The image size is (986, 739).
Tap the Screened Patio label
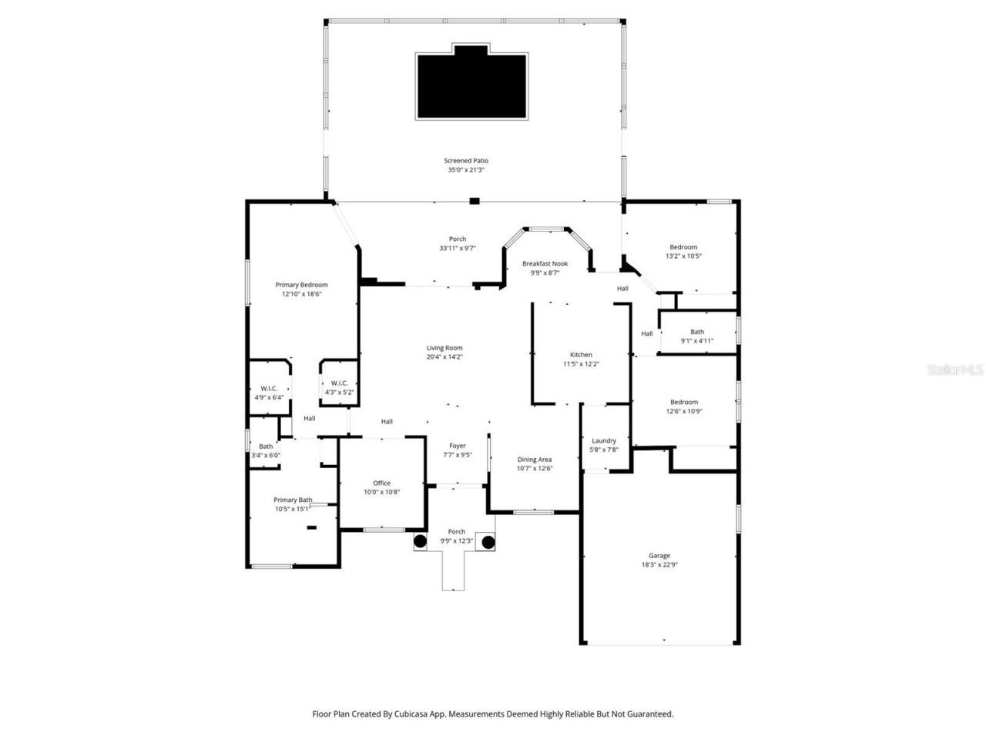[x=466, y=161]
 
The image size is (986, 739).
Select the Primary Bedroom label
[x=301, y=285]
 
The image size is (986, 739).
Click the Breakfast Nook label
[x=545, y=263]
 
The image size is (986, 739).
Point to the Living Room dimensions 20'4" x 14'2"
[x=444, y=357]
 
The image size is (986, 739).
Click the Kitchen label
[x=581, y=355]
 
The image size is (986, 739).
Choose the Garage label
[x=659, y=555]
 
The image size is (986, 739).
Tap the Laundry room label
[x=604, y=441]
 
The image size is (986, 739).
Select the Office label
[x=382, y=483]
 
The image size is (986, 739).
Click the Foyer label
[x=458, y=446]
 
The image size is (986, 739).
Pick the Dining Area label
[x=534, y=460]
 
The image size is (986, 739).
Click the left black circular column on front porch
[x=420, y=542]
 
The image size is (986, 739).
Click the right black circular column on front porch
[x=488, y=542]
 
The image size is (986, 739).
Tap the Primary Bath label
[x=293, y=500]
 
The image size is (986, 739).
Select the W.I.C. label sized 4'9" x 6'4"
[x=269, y=389]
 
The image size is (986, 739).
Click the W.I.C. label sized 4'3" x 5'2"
[x=339, y=383]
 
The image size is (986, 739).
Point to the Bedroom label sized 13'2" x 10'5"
[x=683, y=247]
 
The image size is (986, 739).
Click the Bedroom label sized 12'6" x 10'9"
[x=683, y=402]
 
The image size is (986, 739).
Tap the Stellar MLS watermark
[x=954, y=370]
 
